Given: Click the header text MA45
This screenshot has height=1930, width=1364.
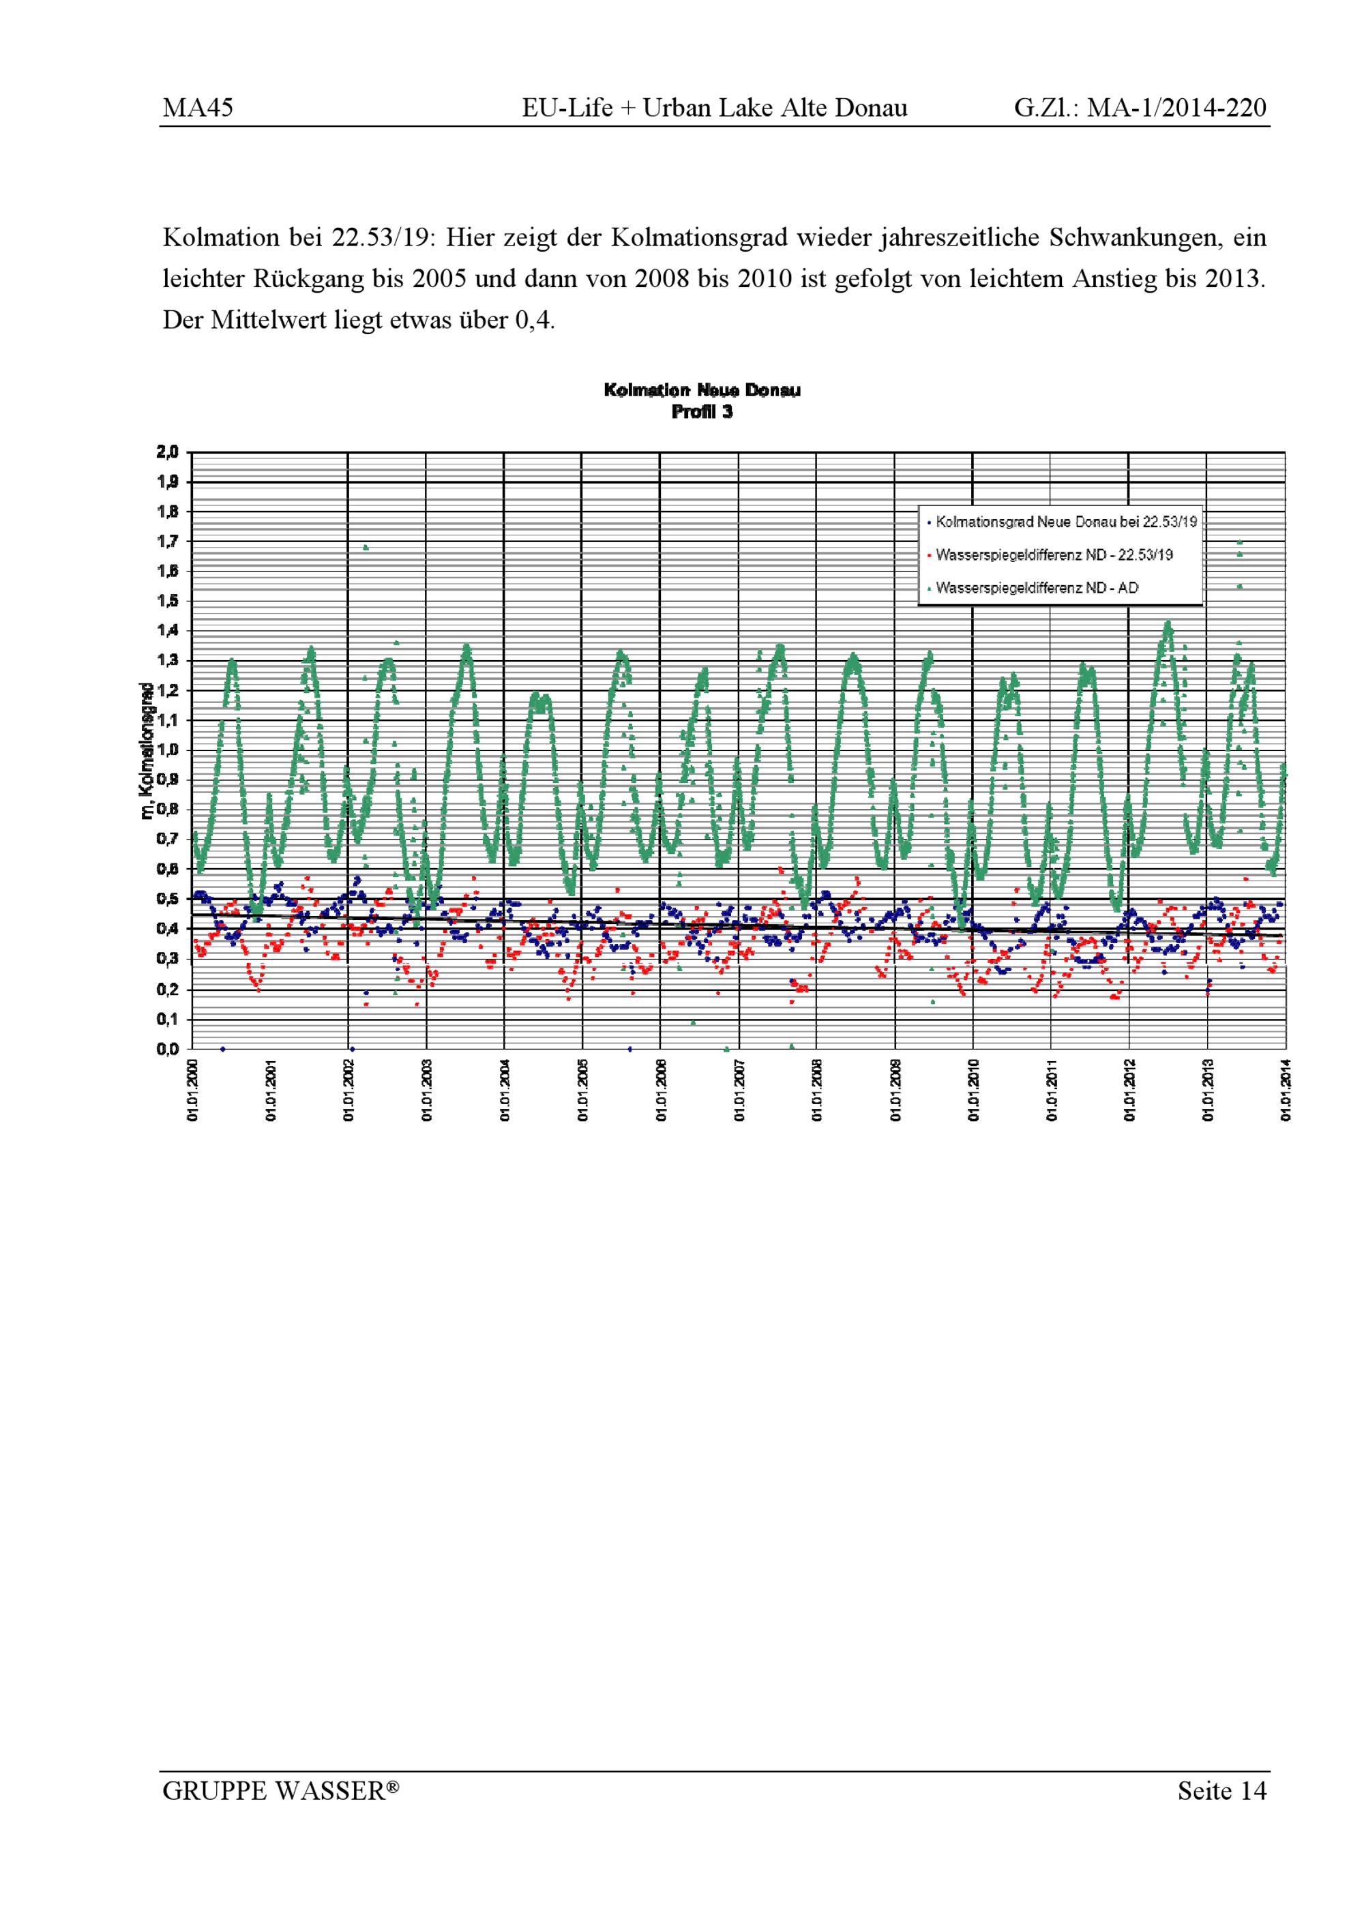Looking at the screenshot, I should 198,108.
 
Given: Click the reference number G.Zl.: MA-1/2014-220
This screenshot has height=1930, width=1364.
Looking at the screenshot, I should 1140,108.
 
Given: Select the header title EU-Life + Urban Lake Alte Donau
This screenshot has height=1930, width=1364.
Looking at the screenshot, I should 714,108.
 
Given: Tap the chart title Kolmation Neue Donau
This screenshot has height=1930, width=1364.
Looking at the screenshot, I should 702,390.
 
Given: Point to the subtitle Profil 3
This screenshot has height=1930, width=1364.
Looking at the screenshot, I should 702,412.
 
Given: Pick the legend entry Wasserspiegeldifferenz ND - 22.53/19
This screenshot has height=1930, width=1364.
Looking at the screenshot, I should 1054,555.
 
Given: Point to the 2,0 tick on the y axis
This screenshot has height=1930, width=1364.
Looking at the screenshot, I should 168,452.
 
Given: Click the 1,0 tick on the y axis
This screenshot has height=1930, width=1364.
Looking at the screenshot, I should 168,749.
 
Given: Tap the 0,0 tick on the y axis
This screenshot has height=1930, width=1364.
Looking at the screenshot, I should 168,1048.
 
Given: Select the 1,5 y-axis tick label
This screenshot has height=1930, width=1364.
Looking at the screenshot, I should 168,601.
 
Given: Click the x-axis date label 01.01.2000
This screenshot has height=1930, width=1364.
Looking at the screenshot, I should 192,1090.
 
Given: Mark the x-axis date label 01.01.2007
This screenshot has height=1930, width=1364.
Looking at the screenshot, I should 739,1090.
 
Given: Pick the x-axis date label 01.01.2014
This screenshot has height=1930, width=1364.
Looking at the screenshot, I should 1286,1090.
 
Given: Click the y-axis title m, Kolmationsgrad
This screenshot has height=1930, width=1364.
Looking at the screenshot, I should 147,751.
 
